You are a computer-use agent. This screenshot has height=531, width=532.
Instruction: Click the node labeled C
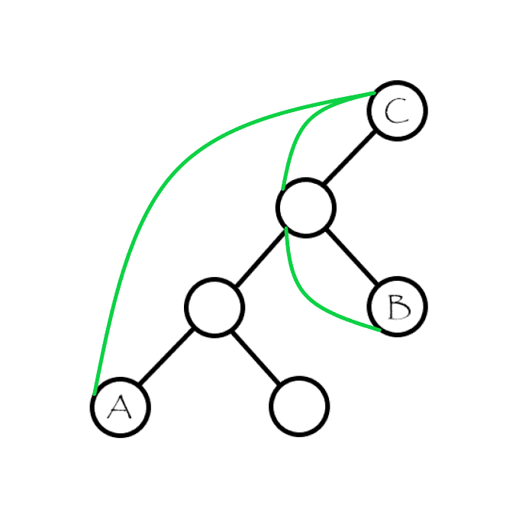click(x=397, y=111)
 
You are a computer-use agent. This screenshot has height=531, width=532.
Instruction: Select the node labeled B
click(x=397, y=307)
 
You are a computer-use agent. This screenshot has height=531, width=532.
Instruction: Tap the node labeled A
click(x=120, y=407)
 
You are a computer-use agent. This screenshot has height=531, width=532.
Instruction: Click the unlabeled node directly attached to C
click(x=305, y=208)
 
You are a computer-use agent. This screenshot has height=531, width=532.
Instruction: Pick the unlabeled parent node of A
click(x=214, y=307)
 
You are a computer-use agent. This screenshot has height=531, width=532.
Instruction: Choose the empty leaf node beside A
click(x=298, y=406)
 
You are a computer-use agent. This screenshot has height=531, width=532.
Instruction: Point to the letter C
click(x=397, y=111)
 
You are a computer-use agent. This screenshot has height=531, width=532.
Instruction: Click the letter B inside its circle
click(x=398, y=307)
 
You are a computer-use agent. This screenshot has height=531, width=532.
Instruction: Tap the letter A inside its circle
click(x=119, y=408)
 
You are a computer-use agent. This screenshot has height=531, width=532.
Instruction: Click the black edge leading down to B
click(x=352, y=257)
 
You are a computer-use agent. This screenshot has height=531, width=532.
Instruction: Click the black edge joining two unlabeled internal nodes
click(x=260, y=257)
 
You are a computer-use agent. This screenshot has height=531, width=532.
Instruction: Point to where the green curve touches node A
click(x=95, y=394)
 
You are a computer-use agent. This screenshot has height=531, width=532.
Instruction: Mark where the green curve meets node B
click(x=379, y=330)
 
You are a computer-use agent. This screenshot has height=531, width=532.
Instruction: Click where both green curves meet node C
click(x=374, y=93)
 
